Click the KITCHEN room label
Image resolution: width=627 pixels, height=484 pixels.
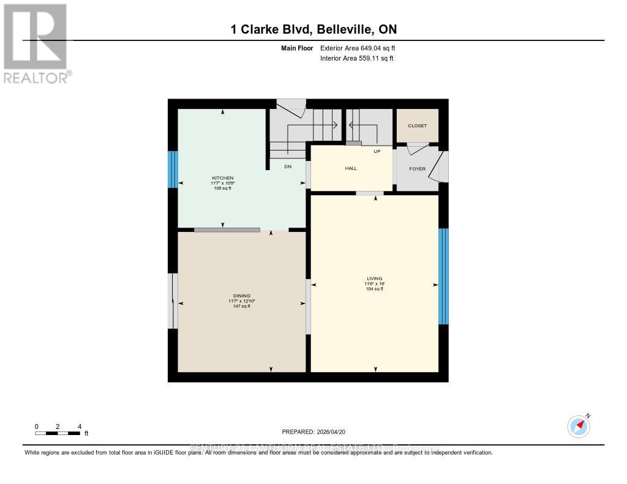click(223, 178)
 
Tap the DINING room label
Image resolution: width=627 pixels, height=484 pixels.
click(241, 296)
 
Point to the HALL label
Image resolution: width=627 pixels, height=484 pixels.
click(351, 168)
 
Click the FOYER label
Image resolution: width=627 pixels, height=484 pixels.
click(417, 169)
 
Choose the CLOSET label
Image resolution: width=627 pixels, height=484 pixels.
click(417, 125)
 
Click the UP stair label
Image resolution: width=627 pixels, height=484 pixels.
click(377, 151)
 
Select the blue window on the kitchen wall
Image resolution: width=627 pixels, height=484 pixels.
click(173, 169)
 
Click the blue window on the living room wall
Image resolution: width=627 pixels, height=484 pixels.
click(443, 276)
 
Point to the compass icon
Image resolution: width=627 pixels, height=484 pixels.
click(579, 426)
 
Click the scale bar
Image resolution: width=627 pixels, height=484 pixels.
click(58, 433)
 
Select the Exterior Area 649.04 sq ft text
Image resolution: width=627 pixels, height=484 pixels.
click(362, 48)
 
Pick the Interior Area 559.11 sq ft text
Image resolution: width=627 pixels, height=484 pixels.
click(356, 58)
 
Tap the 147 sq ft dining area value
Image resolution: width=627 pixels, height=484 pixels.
click(241, 306)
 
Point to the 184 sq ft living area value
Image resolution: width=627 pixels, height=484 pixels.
click(374, 289)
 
